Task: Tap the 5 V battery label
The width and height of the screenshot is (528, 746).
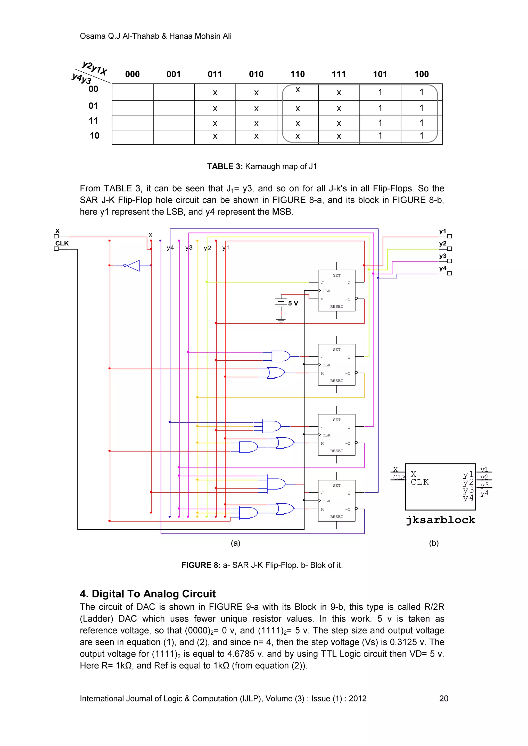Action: click(293, 303)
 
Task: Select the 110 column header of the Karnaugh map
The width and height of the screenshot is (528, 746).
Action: click(298, 74)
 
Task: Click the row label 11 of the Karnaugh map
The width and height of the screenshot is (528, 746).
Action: click(93, 121)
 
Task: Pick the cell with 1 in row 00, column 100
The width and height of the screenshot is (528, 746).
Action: click(421, 92)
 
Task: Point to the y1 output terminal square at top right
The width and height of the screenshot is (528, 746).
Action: click(449, 236)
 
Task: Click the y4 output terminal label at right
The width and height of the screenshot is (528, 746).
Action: click(442, 268)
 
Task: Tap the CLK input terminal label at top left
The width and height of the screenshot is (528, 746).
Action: click(62, 243)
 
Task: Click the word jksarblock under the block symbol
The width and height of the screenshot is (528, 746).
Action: click(440, 520)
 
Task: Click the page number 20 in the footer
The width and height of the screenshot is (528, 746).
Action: click(443, 698)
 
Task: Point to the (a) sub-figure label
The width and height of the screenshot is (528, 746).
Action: click(235, 543)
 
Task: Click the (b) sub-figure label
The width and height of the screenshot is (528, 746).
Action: click(434, 543)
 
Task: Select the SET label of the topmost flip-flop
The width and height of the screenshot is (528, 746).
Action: click(336, 276)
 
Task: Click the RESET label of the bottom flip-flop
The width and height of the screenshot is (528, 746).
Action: click(336, 517)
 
